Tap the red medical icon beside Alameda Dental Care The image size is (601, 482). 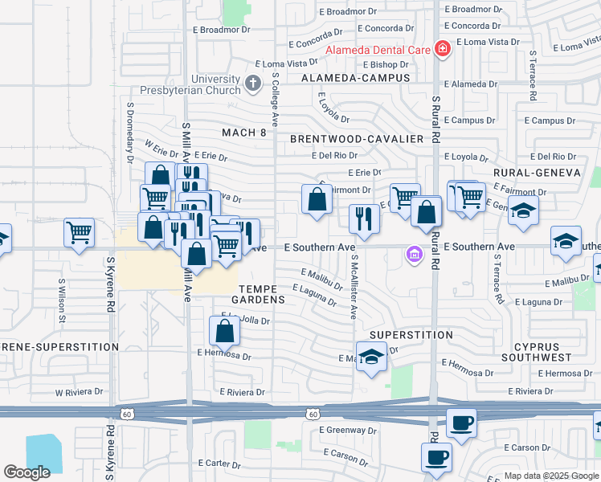441,50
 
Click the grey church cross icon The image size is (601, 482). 253,82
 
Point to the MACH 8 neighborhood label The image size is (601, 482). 243,133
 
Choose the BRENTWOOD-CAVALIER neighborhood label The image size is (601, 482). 357,139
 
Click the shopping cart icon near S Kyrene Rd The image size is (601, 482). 79,233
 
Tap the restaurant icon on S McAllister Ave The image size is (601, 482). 364,219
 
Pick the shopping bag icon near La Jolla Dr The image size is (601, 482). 224,330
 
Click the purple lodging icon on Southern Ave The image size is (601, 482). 414,255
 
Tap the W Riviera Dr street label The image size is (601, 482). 81,393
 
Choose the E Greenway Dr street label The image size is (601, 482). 348,430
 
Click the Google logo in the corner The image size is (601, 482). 27,472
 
